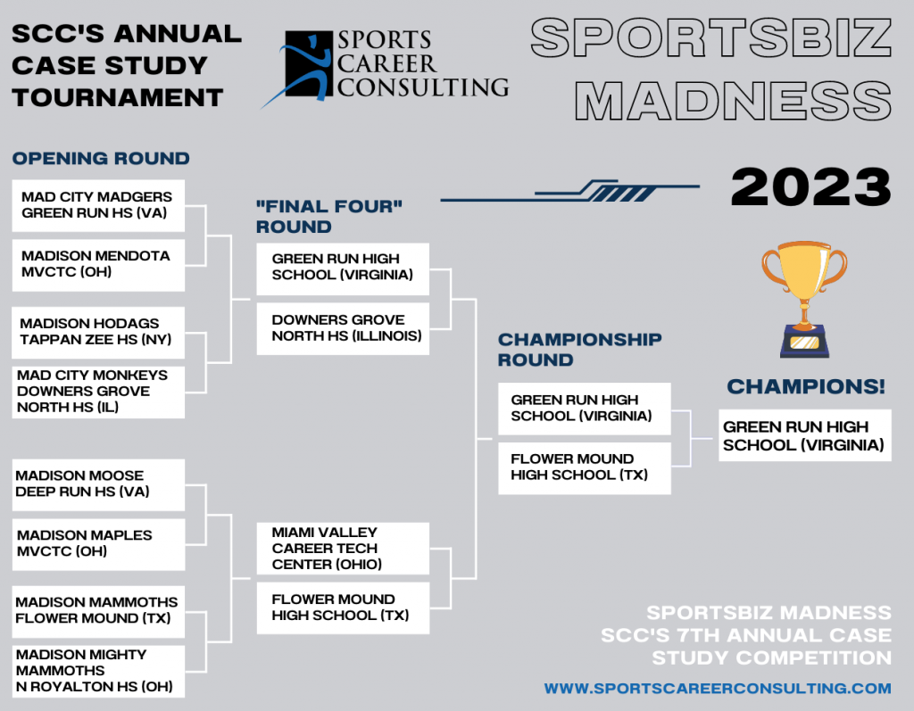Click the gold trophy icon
[804, 298]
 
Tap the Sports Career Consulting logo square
[309, 65]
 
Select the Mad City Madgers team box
[98, 206]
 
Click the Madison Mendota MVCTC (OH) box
[98, 265]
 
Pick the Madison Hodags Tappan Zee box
[98, 333]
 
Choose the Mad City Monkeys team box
[98, 393]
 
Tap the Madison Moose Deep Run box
[98, 485]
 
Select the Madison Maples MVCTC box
[98, 544]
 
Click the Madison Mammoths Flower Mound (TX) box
[98, 612]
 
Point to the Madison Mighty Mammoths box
[98, 672]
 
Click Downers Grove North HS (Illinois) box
[343, 328]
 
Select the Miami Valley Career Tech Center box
[343, 549]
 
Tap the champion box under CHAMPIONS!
[805, 435]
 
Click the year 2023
[810, 187]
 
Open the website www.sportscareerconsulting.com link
[718, 689]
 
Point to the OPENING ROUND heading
[101, 159]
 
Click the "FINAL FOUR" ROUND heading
[329, 216]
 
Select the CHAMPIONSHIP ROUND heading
[580, 350]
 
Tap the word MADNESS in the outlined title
[734, 100]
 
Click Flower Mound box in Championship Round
[585, 468]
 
